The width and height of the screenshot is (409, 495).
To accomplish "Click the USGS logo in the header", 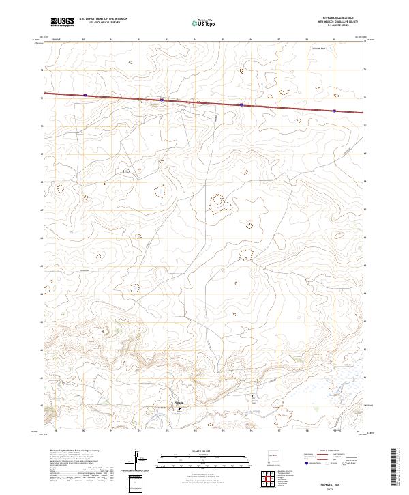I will pos(63,23).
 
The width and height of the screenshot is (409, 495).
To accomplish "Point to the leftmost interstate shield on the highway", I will pos(85,96).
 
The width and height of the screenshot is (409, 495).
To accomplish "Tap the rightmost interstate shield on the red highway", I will pos(334,110).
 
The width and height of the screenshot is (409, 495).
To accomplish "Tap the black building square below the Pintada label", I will pos(181,409).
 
